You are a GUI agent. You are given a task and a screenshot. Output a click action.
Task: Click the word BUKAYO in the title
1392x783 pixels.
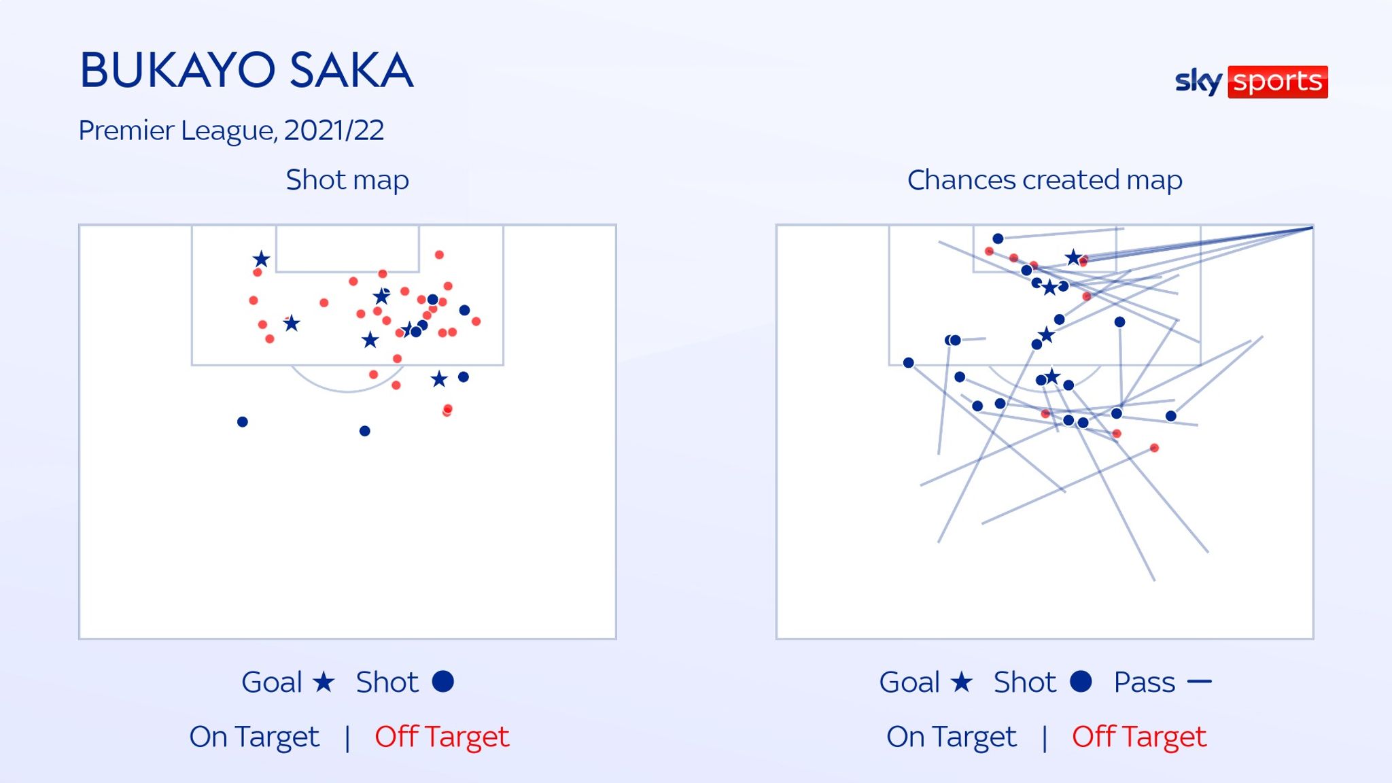(x=177, y=70)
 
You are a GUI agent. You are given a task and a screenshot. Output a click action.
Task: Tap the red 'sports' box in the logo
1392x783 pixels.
(x=1277, y=82)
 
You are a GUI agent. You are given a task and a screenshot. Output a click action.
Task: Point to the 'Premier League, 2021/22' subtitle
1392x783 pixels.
(x=231, y=130)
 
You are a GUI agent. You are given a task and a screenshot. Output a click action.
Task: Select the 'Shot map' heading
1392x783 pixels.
(x=347, y=180)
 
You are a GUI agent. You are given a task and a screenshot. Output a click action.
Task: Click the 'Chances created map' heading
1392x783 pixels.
(x=1045, y=180)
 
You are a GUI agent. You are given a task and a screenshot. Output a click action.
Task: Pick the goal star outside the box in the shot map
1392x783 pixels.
(x=439, y=379)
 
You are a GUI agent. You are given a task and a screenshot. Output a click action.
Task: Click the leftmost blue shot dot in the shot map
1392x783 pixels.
(x=243, y=422)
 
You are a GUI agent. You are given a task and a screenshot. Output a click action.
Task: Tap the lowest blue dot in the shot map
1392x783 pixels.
(x=365, y=431)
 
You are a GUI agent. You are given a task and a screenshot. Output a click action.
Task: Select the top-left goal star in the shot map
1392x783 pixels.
(x=261, y=259)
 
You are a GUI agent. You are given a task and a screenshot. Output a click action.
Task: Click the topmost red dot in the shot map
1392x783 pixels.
(x=439, y=255)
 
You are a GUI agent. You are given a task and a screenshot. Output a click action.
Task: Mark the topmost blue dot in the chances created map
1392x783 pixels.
(x=998, y=239)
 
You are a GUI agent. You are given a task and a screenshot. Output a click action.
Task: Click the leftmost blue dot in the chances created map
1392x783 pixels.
(x=909, y=363)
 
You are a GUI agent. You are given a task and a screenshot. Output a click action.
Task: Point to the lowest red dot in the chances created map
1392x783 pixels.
(x=1154, y=448)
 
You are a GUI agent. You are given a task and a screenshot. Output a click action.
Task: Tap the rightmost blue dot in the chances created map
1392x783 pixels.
(x=1171, y=416)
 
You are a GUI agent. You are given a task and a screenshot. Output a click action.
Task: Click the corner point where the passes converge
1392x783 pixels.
(x=1312, y=228)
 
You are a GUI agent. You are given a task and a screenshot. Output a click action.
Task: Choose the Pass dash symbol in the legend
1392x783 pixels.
(x=1200, y=682)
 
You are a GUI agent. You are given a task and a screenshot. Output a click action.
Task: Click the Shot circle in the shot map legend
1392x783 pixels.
(x=442, y=682)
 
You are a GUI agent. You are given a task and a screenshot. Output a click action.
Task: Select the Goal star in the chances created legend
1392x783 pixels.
(x=961, y=682)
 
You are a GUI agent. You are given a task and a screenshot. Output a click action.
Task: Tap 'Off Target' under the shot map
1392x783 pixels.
(x=442, y=737)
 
